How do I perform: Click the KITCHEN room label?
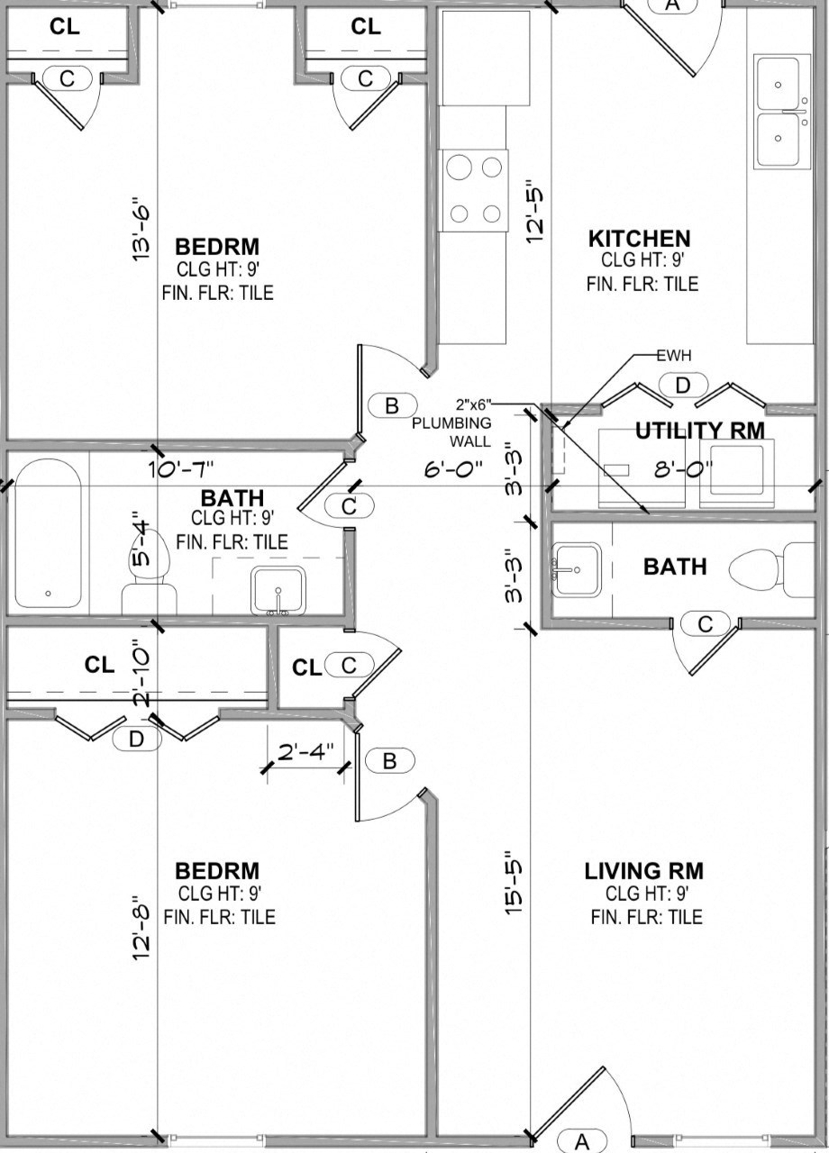pos(639,239)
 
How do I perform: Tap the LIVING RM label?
pos(643,871)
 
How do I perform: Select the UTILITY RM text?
pos(699,431)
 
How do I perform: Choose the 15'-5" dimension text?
pos(515,883)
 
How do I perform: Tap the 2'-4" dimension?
pos(305,750)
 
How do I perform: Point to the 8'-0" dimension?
pos(684,468)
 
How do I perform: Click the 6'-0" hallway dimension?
pos(454,468)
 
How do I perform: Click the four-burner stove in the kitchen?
pos(474,190)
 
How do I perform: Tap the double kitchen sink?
pos(778,112)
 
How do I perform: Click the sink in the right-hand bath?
pos(578,569)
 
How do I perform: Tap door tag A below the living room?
pos(581,1141)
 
